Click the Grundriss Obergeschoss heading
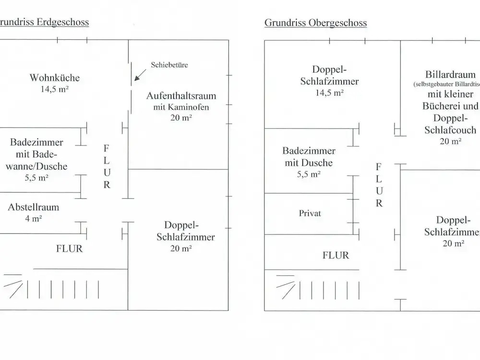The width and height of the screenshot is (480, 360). click(315, 23)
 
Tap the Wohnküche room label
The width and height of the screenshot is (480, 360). click(55, 77)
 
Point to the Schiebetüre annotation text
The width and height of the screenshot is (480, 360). click(169, 64)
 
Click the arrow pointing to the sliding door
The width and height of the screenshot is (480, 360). click(140, 75)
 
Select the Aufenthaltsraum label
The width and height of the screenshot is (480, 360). click(181, 96)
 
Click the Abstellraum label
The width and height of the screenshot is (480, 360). click(34, 207)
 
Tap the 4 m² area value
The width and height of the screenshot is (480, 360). click(34, 219)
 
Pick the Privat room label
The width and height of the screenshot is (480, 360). click(310, 213)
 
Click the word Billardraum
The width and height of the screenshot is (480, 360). click(450, 74)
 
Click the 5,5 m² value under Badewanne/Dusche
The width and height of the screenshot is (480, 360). click(36, 178)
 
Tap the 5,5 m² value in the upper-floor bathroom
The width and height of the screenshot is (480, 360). click(309, 175)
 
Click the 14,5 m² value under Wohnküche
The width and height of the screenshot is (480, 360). click(55, 89)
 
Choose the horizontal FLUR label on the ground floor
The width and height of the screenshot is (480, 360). click(70, 249)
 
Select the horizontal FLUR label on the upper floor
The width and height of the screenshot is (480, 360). click(336, 255)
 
